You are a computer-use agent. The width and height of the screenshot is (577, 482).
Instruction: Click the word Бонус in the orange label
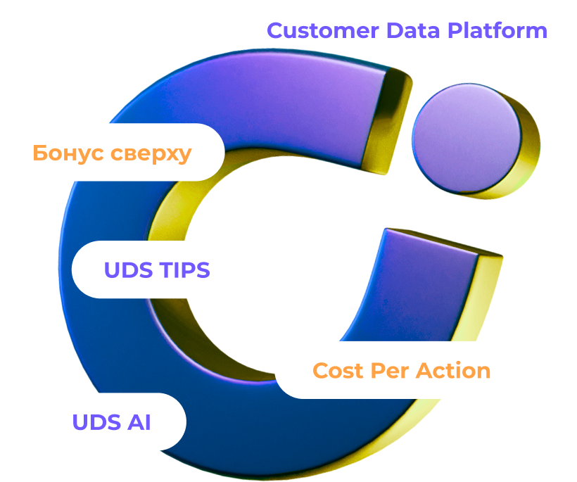68,153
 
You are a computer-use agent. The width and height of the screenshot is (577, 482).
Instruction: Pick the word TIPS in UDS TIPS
185,270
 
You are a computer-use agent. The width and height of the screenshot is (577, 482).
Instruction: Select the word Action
452,370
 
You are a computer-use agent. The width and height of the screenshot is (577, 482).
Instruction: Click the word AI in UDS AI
139,422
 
